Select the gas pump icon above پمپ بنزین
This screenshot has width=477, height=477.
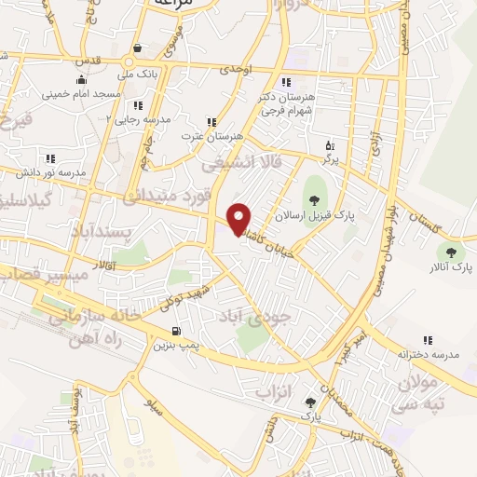(x=176, y=331)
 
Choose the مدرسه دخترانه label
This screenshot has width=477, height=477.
(x=429, y=355)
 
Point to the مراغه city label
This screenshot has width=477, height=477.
(x=173, y=5)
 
